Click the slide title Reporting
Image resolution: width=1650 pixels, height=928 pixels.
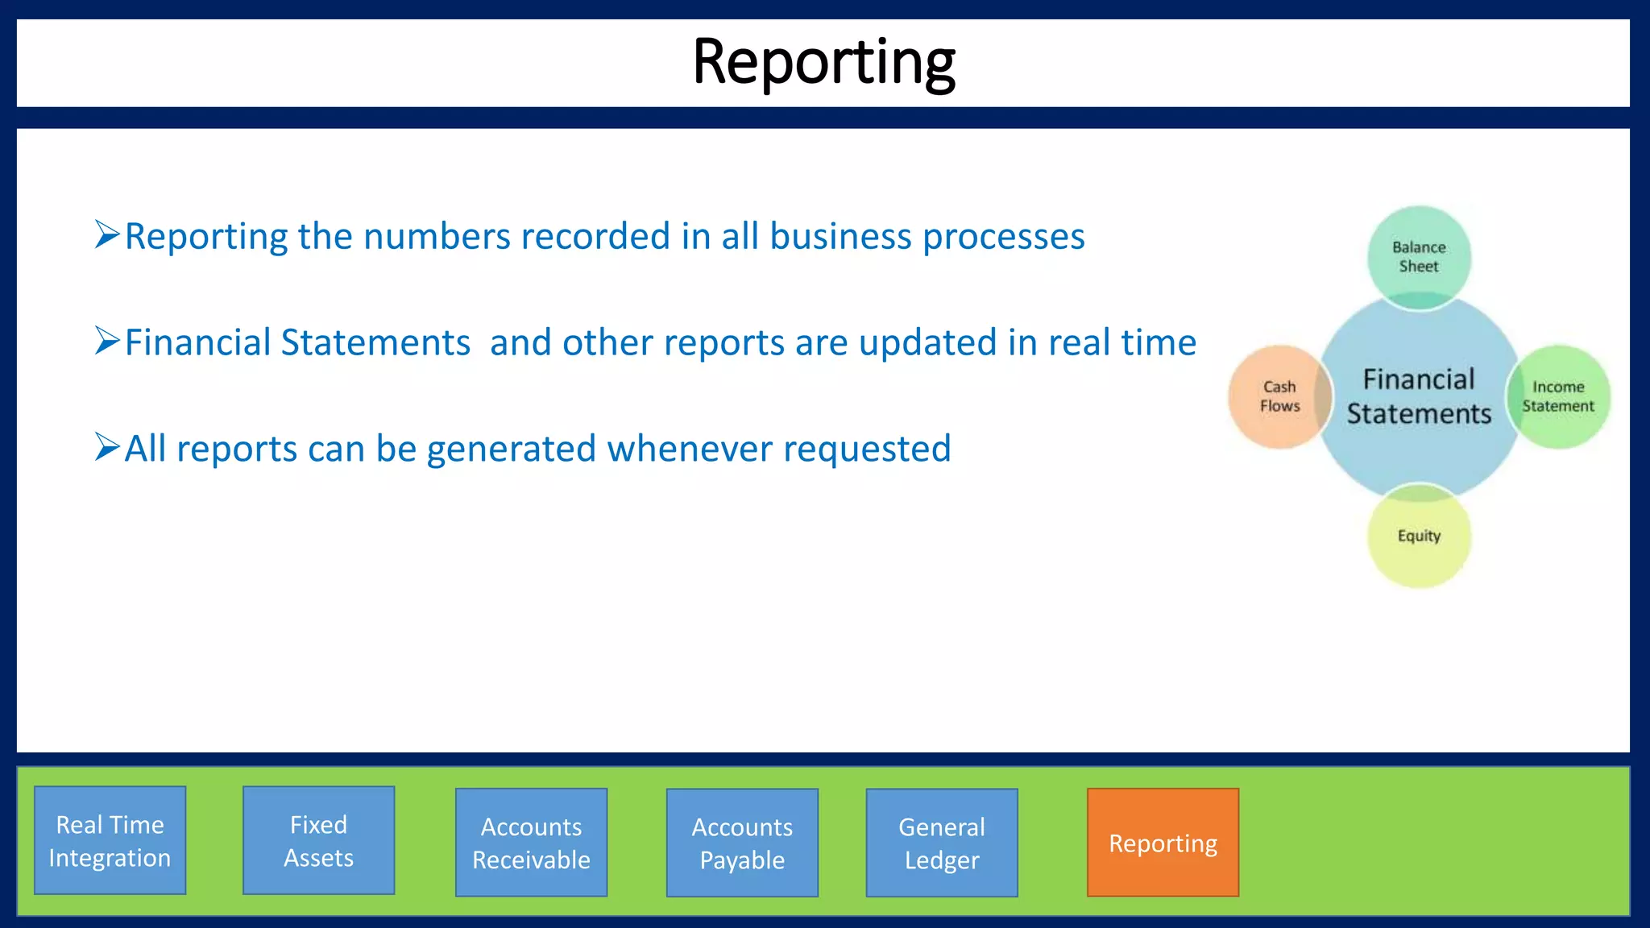tap(823, 63)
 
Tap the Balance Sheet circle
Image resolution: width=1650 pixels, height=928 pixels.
tap(1419, 256)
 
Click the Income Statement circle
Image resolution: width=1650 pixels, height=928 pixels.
tap(1558, 396)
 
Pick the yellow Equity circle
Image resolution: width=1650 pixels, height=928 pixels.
tap(1419, 536)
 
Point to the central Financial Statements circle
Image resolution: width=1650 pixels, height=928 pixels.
tap(1419, 396)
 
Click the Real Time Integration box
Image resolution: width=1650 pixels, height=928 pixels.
tap(110, 840)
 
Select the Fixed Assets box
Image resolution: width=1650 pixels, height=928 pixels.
tap(318, 840)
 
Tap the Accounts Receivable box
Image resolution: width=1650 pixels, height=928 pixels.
tap(531, 842)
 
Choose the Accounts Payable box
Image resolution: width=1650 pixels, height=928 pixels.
tap(742, 842)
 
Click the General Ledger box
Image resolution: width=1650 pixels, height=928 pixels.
tap(942, 842)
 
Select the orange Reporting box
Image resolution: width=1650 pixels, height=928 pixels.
tap(1163, 842)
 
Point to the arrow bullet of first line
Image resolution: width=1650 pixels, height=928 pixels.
tap(107, 234)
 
